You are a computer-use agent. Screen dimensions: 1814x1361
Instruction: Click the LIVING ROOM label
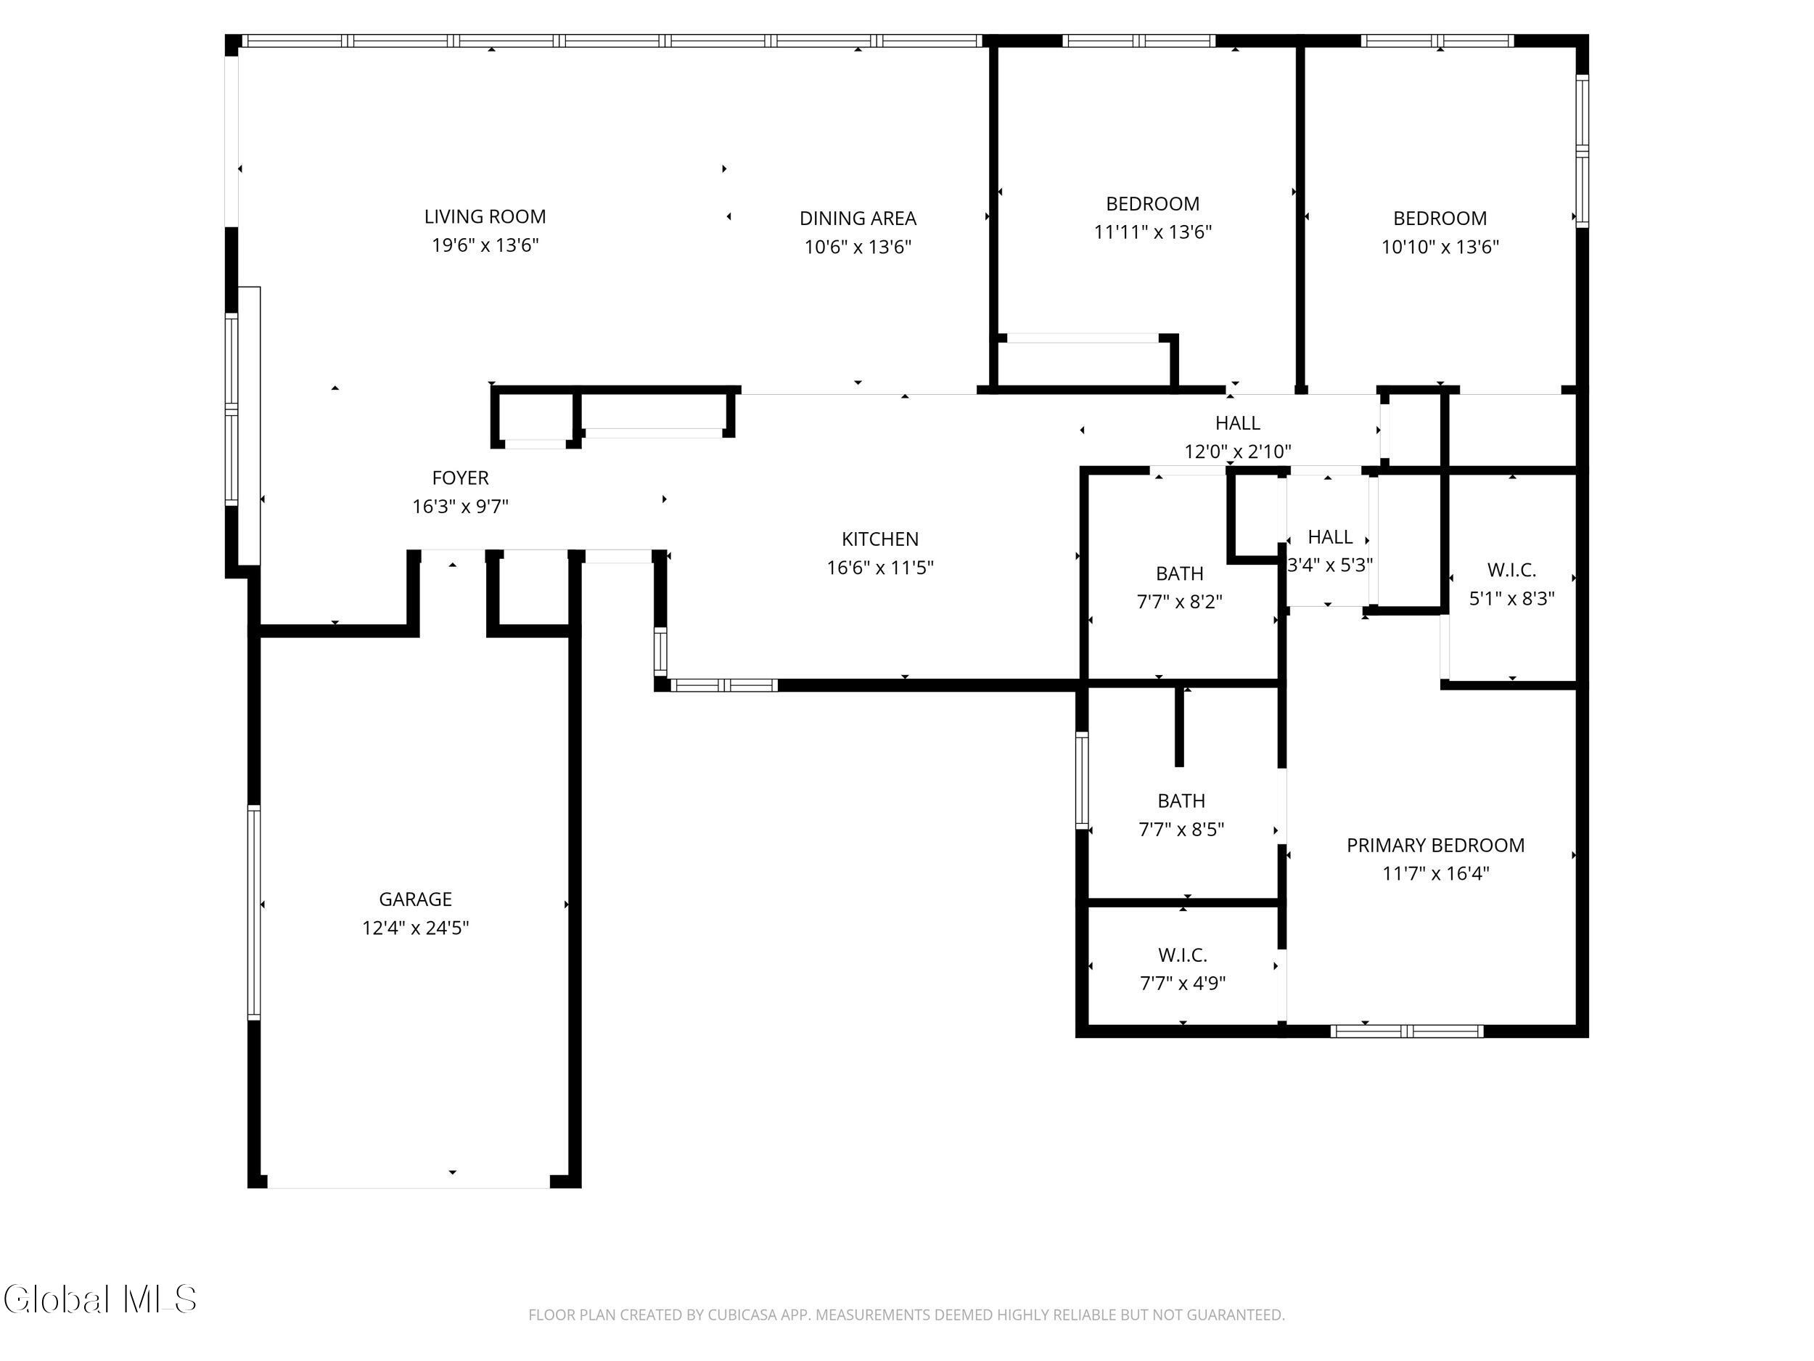click(485, 216)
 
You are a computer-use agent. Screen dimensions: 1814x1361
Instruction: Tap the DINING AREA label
click(858, 218)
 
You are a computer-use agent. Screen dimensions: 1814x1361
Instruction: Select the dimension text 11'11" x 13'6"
click(1153, 232)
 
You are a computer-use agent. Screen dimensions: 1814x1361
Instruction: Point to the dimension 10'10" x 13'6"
click(1440, 247)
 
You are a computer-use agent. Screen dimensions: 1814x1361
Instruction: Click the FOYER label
click(460, 478)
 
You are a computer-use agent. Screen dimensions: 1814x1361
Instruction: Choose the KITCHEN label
click(880, 539)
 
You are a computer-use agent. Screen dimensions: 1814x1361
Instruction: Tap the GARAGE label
click(415, 899)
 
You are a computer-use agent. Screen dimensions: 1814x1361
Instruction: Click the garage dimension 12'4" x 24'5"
click(416, 928)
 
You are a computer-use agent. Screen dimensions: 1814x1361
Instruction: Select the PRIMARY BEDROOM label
click(1436, 845)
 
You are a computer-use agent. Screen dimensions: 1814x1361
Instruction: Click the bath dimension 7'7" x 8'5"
click(1181, 830)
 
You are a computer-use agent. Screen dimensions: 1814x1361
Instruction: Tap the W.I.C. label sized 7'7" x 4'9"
click(1183, 955)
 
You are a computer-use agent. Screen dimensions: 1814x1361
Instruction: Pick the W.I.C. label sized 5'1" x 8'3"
click(1511, 570)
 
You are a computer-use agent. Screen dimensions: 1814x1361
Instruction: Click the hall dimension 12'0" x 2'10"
click(1237, 451)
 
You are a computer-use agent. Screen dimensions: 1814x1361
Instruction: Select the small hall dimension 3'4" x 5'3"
click(1330, 565)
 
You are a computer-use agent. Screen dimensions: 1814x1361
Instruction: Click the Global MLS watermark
click(100, 1299)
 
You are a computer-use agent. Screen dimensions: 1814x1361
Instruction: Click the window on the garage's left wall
click(254, 912)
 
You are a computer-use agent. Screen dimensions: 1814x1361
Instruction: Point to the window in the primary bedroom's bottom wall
click(1407, 1031)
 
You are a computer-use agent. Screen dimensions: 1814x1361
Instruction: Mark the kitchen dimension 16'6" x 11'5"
click(880, 568)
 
